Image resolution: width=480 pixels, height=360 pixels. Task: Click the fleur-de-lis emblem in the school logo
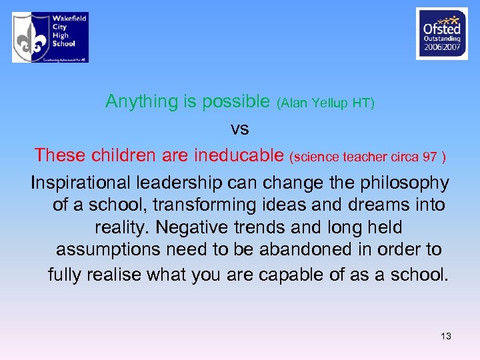31,37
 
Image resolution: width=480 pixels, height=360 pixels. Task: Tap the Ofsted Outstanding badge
441,34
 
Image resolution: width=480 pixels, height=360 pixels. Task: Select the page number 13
445,336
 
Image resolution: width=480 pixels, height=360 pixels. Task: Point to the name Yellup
327,103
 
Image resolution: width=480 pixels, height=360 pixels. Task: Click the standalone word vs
239,128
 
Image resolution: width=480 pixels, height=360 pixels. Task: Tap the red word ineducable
239,155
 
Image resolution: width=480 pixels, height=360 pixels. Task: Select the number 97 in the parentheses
429,157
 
